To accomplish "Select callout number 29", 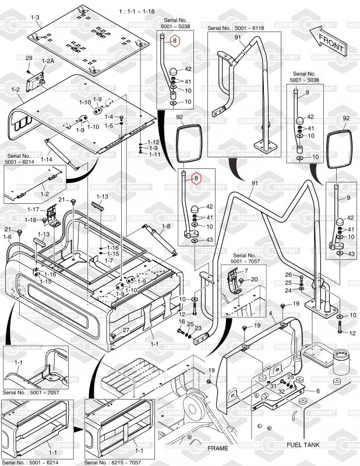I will pyautogui.click(x=29, y=58).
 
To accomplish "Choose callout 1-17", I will pyautogui.click(x=33, y=209).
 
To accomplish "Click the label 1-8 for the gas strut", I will pyautogui.click(x=166, y=226).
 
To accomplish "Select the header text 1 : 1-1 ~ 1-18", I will pyautogui.click(x=136, y=11).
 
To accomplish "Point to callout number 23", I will pyautogui.click(x=198, y=329).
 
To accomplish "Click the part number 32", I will pyautogui.click(x=281, y=392).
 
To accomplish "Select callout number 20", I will pyautogui.click(x=253, y=280).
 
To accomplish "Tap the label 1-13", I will pyautogui.click(x=102, y=196).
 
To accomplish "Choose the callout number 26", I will pyautogui.click(x=288, y=275).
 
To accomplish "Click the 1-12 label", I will pyautogui.click(x=153, y=142).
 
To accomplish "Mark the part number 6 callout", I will pyautogui.click(x=318, y=391).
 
